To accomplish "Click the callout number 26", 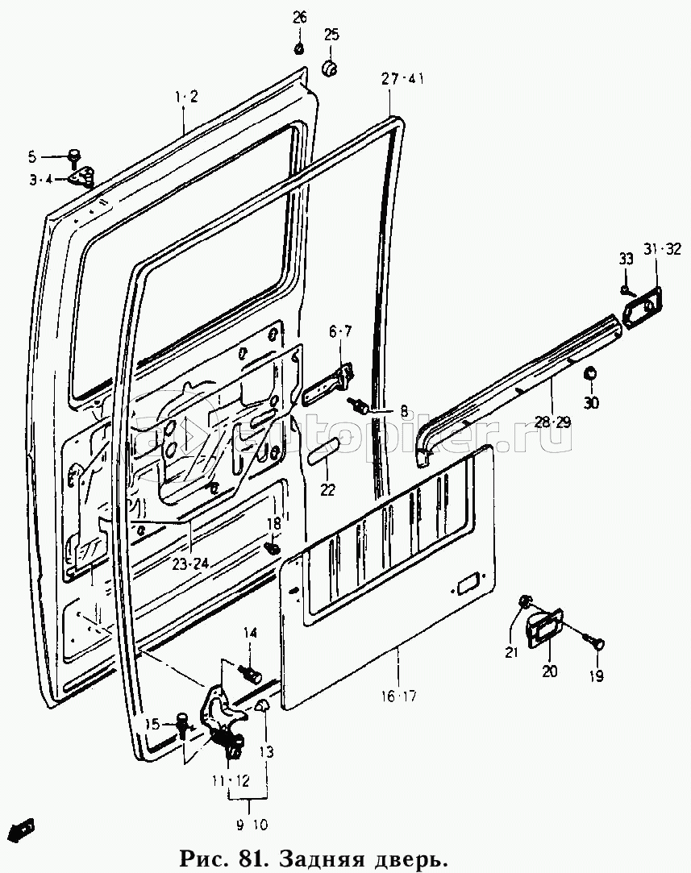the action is (300, 17).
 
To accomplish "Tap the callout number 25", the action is (331, 35).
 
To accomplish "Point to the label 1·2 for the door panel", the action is (186, 97).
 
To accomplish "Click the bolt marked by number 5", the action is (73, 156).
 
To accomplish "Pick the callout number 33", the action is (626, 259).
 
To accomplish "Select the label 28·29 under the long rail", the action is (552, 422).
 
